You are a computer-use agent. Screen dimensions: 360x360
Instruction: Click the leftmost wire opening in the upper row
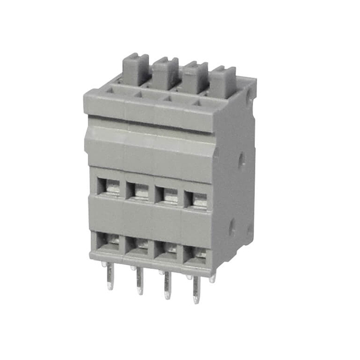(x=110, y=186)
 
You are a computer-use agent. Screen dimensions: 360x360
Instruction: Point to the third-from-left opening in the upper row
(x=168, y=195)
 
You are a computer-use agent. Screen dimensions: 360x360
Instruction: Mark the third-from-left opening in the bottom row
(x=167, y=249)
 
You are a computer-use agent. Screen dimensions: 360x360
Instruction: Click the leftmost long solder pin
(x=110, y=275)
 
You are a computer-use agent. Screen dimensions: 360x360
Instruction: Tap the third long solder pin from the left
(x=166, y=286)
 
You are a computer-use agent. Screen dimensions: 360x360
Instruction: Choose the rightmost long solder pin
(x=196, y=290)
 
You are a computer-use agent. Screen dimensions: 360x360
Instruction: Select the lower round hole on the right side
(x=231, y=228)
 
